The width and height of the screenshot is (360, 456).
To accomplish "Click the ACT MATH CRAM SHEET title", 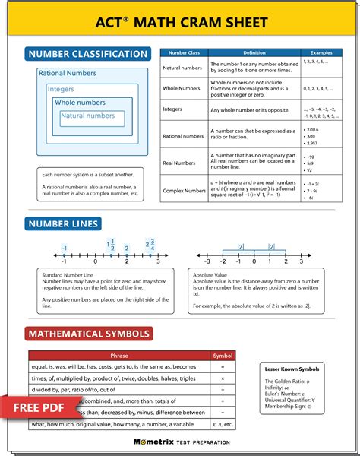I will point(180,21).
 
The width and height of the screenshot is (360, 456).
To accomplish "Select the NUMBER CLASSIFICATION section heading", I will point(87,54).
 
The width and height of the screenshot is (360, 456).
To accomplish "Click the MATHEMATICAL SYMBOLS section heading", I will point(89,334).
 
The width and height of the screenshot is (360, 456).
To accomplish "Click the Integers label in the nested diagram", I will point(61,89).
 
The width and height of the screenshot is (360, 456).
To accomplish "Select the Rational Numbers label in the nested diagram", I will point(68,73).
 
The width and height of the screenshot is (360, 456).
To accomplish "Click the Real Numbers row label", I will point(179,163).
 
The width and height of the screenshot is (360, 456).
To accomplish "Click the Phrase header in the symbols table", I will point(119,355).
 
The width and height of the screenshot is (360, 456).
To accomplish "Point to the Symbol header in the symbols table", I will point(223,355).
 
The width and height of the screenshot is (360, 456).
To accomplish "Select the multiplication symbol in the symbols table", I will point(223,378).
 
